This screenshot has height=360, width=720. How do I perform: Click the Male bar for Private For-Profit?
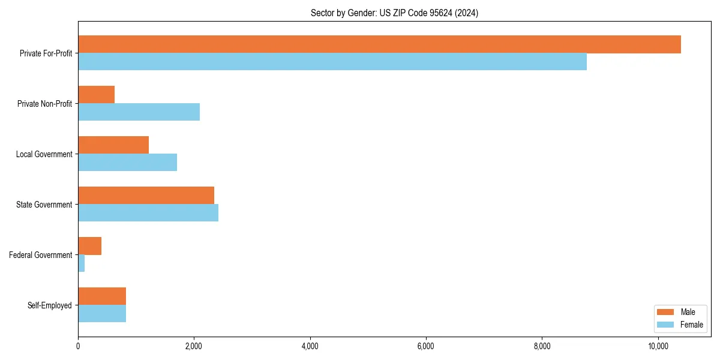(x=379, y=44)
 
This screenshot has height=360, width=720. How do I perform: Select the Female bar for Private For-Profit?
(x=332, y=62)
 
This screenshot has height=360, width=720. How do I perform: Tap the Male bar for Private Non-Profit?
(x=96, y=95)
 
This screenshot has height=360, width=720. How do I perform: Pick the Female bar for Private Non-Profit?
(x=139, y=112)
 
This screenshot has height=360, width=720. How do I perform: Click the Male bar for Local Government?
(x=113, y=145)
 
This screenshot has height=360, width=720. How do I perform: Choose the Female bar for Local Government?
(x=127, y=163)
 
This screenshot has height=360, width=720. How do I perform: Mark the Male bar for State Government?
(x=146, y=196)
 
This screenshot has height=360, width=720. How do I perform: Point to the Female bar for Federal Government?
(x=82, y=263)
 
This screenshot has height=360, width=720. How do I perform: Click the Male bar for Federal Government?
(x=89, y=246)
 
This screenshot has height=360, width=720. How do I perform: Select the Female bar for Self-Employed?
(x=102, y=314)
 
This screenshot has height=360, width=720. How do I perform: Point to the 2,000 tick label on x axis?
(x=193, y=346)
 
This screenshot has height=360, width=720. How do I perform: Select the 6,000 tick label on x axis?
(x=425, y=346)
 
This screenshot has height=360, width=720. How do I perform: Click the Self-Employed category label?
(x=49, y=305)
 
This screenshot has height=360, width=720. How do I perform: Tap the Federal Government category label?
(x=40, y=255)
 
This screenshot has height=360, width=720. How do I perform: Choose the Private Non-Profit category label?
(x=44, y=104)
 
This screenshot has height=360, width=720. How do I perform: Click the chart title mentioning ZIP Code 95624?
(x=394, y=13)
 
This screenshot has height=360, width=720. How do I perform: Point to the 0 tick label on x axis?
(x=78, y=346)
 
